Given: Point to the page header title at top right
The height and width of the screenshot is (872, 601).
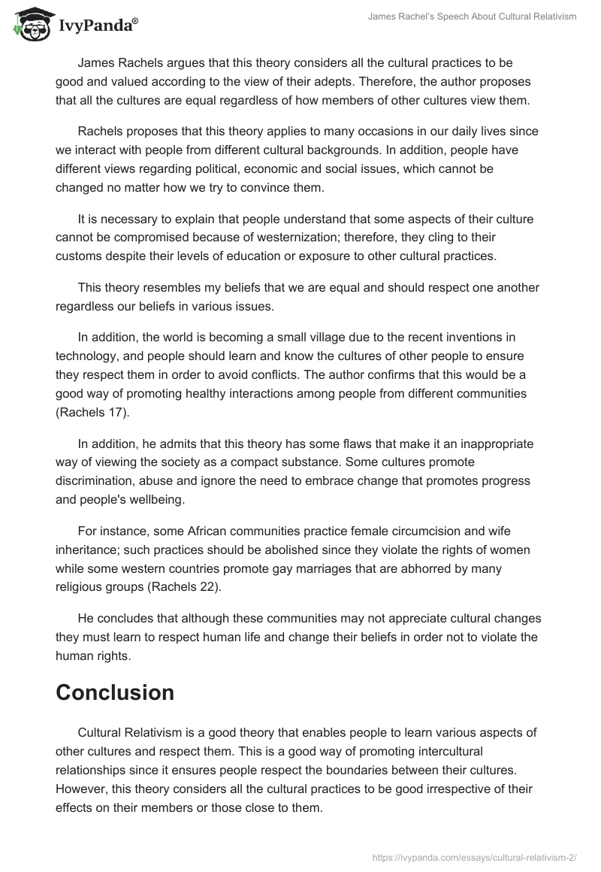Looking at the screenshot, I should coord(472,17).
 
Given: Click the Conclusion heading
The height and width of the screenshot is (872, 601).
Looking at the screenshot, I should coord(115,692).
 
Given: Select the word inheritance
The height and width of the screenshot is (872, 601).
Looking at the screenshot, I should coord(88,550).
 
